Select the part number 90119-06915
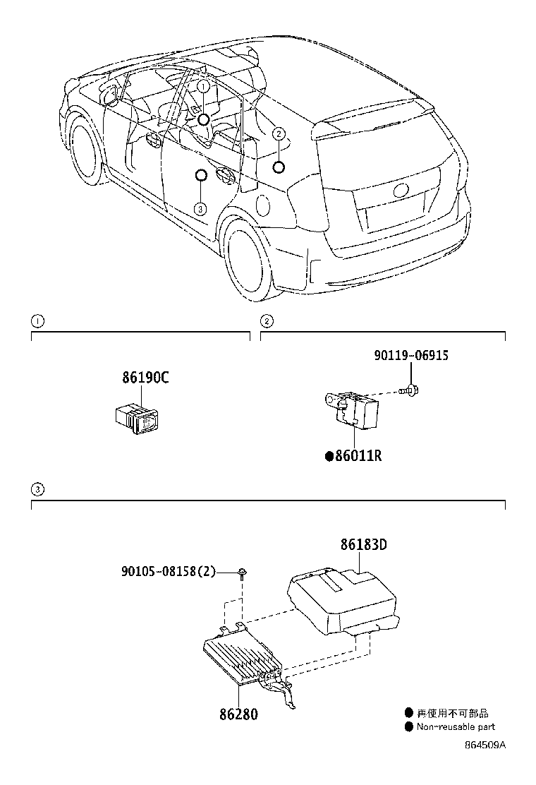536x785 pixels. (410, 356)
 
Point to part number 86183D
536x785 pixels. (365, 545)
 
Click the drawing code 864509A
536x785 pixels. (485, 745)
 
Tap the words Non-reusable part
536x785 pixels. (456, 727)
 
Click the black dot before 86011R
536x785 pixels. (329, 457)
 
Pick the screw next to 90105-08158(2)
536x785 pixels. (242, 573)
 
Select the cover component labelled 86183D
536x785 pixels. (342, 600)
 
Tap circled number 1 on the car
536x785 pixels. (203, 86)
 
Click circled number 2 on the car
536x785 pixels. (279, 133)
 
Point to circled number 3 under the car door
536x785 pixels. (200, 208)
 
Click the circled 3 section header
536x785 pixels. (37, 489)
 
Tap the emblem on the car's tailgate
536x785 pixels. (400, 189)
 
